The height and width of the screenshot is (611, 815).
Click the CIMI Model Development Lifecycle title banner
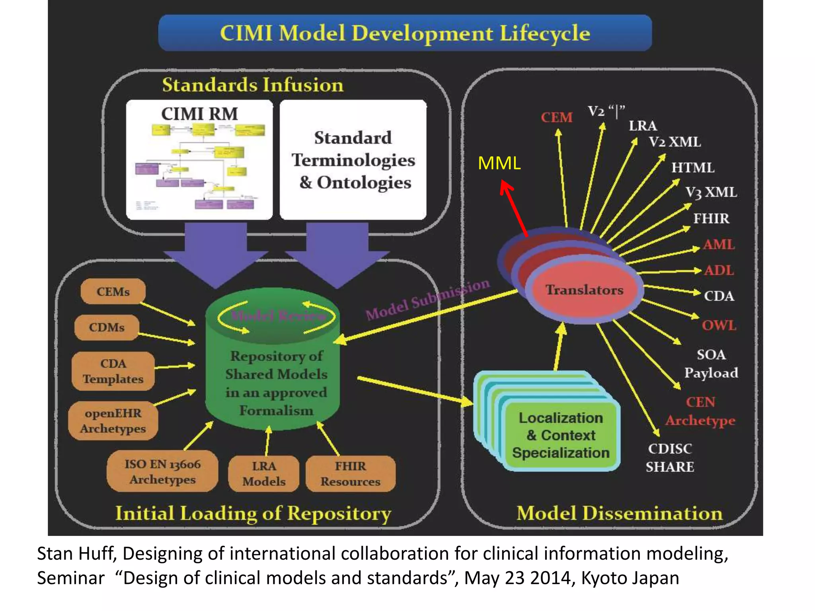[x=405, y=33]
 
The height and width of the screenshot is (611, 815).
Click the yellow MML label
[x=499, y=163]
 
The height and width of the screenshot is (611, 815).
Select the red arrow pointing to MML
[x=514, y=209]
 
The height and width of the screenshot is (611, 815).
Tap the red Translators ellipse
[x=584, y=290]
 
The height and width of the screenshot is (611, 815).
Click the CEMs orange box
[x=113, y=292]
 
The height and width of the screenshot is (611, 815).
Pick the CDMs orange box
[x=107, y=327]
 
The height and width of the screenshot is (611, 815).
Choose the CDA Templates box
[x=113, y=371]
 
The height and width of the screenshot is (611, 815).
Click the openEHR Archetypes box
[x=113, y=421]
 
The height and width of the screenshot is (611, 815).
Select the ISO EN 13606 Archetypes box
[x=162, y=471]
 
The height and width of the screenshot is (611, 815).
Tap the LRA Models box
[x=264, y=474]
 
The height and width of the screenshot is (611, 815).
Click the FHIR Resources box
[x=350, y=474]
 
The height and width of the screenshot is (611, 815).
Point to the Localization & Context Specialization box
[x=560, y=435]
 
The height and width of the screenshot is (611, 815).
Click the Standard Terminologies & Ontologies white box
[x=353, y=160]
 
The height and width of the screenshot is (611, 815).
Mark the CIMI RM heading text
[x=199, y=114]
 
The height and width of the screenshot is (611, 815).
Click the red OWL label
[x=719, y=325]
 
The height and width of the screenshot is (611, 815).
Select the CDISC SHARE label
[x=670, y=457]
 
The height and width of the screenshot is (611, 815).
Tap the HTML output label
[x=693, y=167]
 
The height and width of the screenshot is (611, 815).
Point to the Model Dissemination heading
[x=619, y=513]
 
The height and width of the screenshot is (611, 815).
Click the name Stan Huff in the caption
[x=76, y=554]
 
